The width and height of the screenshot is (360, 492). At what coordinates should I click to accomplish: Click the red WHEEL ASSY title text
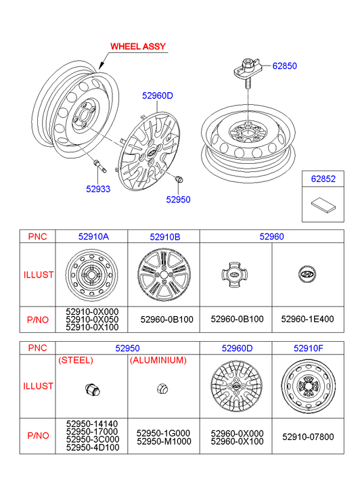coord(138,47)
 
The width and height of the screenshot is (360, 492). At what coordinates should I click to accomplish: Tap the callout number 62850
coord(284,66)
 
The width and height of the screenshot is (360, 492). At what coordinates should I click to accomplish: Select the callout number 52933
coord(98,189)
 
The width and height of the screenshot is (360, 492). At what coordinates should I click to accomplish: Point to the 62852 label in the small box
coord(323,179)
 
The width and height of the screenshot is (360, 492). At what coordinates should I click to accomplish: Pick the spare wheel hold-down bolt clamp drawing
coord(246,72)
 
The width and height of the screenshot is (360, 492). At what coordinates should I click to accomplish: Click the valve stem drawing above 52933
coord(99,166)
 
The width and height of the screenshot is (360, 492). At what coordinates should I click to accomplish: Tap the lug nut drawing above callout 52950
coord(179,179)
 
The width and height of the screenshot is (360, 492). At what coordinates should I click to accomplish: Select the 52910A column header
coord(93,236)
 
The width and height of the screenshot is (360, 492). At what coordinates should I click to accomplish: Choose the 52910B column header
coord(165,237)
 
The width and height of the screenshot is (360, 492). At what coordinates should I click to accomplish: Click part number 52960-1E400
coord(307,319)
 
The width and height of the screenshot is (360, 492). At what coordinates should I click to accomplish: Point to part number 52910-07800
coord(308,437)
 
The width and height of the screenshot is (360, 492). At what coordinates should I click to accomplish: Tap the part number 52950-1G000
coord(163,433)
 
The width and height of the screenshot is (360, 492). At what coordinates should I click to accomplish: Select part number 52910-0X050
coord(92,319)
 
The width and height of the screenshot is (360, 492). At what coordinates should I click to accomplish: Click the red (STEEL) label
coord(76,360)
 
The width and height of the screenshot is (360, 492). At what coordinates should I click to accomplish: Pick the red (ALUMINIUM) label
coord(158,360)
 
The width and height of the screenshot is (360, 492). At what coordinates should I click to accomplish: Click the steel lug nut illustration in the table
coord(92,390)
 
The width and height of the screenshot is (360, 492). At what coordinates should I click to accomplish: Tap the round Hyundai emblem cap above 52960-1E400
coord(307,274)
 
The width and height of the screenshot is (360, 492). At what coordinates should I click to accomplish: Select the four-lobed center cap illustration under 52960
coord(235,275)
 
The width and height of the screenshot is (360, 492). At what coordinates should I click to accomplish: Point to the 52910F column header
coord(308,349)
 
